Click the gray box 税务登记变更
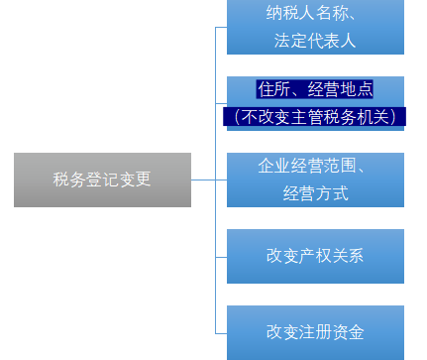pyautogui.click(x=102, y=180)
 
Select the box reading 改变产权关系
pyautogui.click(x=315, y=256)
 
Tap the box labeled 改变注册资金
pyautogui.click(x=315, y=332)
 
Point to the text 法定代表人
pyautogui.click(x=315, y=41)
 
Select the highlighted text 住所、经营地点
pyautogui.click(x=315, y=88)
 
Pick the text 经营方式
pyautogui.click(x=315, y=193)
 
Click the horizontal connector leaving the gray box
pyautogui.click(x=203, y=180)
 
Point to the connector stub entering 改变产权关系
pyautogui.click(x=221, y=257)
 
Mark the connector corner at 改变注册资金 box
pyautogui.click(x=216, y=332)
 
